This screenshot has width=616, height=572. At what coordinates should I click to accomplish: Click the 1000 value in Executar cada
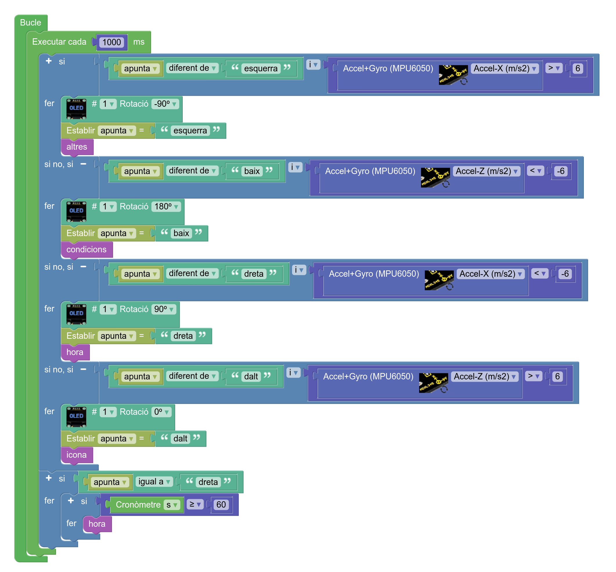(x=111, y=42)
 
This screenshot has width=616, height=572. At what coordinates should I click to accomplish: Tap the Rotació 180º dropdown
(x=166, y=207)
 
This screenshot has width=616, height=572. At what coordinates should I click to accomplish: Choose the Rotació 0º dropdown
(x=161, y=412)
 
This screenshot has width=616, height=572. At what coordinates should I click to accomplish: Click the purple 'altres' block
(x=77, y=147)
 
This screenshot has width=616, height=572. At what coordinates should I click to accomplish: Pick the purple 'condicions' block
(x=86, y=249)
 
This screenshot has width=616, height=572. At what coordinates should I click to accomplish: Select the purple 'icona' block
(x=77, y=455)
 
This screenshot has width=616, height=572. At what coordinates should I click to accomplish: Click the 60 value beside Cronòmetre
(x=221, y=505)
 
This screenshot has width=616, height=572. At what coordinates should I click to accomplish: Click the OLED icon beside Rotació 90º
(x=76, y=313)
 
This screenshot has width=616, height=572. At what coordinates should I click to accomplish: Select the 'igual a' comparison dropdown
(x=154, y=482)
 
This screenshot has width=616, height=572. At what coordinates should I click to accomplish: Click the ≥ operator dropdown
(x=195, y=505)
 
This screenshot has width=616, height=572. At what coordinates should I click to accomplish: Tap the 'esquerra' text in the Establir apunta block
(x=190, y=131)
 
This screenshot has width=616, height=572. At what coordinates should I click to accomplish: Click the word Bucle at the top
(x=30, y=23)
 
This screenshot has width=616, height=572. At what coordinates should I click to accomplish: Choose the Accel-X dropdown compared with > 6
(x=505, y=68)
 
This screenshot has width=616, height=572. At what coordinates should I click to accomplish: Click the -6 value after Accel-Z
(x=561, y=171)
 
